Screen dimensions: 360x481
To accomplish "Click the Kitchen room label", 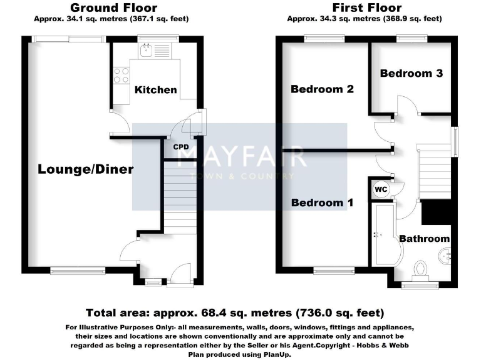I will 156,90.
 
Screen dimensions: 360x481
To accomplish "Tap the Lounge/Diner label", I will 86,169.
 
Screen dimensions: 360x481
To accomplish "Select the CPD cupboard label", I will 181,147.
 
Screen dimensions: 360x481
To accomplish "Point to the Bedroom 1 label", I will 323,202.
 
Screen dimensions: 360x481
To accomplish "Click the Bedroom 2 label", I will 323,89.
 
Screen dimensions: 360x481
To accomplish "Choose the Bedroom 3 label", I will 411,73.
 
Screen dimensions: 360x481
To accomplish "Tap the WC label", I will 380,189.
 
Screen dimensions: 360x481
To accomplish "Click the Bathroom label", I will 425,238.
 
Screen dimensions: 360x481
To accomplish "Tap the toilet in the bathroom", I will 419,269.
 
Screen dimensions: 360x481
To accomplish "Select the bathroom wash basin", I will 446,254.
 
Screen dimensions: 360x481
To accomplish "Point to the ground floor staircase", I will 182,197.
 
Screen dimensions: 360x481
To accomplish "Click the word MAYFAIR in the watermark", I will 241,156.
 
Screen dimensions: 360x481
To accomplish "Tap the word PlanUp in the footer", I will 274,354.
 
